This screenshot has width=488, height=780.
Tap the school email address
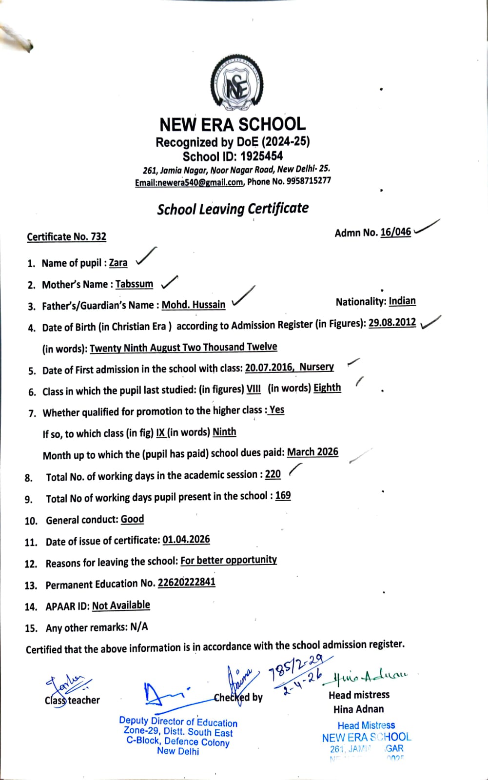pyautogui.click(x=189, y=182)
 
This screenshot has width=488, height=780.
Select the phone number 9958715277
pyautogui.click(x=306, y=181)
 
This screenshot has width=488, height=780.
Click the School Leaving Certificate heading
pyautogui.click(x=233, y=209)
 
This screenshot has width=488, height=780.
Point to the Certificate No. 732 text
pyautogui.click(x=66, y=237)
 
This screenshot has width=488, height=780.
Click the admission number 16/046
pyautogui.click(x=395, y=232)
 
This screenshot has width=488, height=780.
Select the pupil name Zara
pyautogui.click(x=118, y=263)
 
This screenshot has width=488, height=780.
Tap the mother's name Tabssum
pyautogui.click(x=134, y=284)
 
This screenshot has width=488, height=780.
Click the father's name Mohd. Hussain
pyautogui.click(x=194, y=305)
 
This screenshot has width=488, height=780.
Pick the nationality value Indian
pyautogui.click(x=402, y=301)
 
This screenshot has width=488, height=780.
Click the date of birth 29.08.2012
pyautogui.click(x=392, y=323)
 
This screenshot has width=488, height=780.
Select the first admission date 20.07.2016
pyautogui.click(x=269, y=368)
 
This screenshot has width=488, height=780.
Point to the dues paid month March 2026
pyautogui.click(x=312, y=452)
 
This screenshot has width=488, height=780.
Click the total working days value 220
pyautogui.click(x=273, y=474)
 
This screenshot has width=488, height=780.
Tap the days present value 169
pyautogui.click(x=283, y=496)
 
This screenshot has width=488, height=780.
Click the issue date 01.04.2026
pyautogui.click(x=186, y=540)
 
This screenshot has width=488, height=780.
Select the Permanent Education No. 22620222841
pyautogui.click(x=186, y=583)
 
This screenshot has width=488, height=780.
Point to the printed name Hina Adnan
pyautogui.click(x=358, y=709)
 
